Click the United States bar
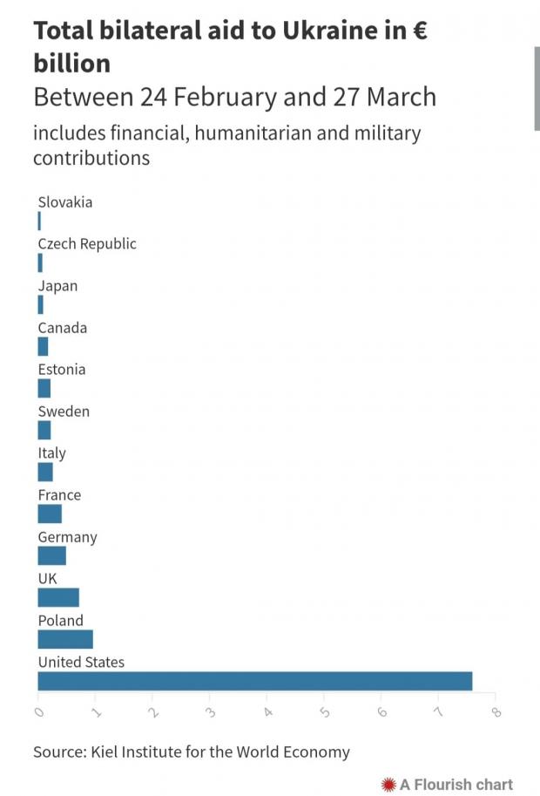[254, 681]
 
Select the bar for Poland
[65, 639]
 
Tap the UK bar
[58, 597]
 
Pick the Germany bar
[52, 555]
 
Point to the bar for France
[50, 514]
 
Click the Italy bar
[45, 472]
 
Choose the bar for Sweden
[44, 430]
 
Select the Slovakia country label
[64, 202]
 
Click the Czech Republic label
[87, 244]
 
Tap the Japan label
[57, 286]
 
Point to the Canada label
[62, 328]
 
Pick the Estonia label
[62, 370]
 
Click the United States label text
[81, 663]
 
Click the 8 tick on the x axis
[496, 711]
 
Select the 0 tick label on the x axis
[39, 711]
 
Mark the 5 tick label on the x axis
[325, 711]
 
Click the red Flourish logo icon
[389, 785]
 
